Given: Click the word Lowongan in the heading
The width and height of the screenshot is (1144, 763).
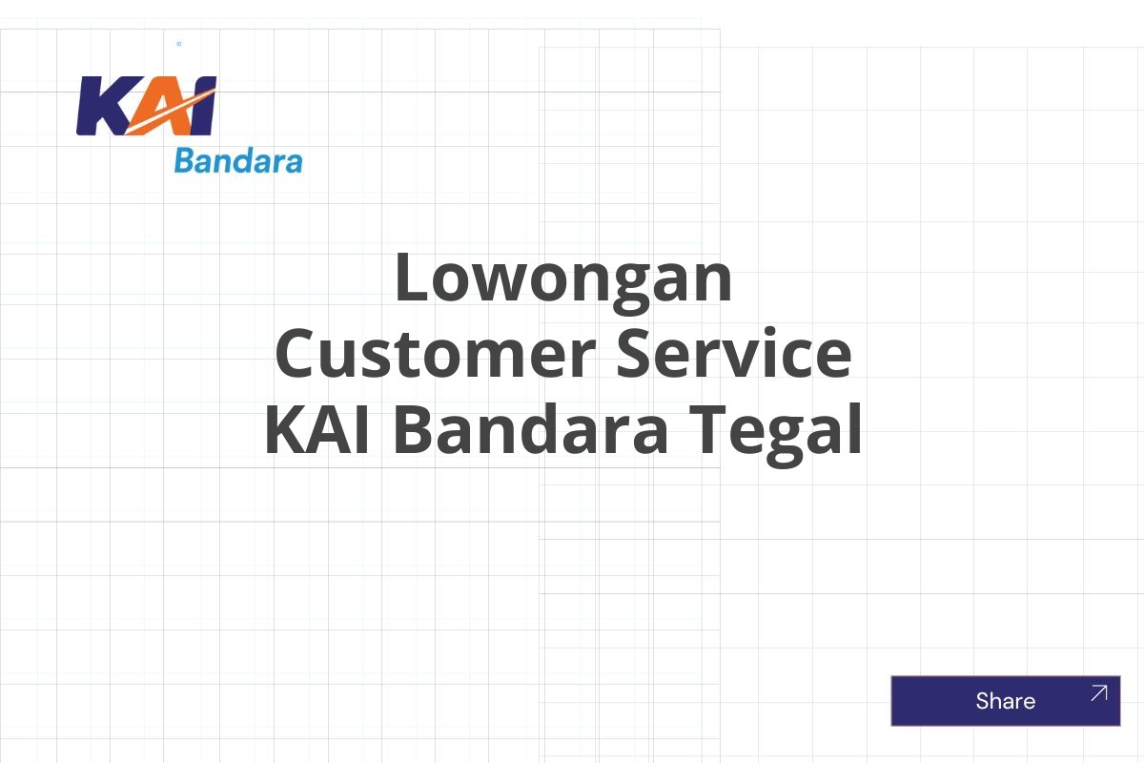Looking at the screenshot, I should pyautogui.click(x=563, y=278).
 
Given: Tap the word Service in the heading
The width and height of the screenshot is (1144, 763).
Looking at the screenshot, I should pyautogui.click(x=733, y=353).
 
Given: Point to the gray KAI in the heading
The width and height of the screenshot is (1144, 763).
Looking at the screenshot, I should pyautogui.click(x=320, y=429).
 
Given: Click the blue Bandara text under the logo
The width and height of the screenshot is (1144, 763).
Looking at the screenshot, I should pyautogui.click(x=238, y=161).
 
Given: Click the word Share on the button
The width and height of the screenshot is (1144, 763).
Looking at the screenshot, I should pyautogui.click(x=1005, y=701).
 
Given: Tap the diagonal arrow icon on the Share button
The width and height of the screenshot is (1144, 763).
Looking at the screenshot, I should pyautogui.click(x=1098, y=693).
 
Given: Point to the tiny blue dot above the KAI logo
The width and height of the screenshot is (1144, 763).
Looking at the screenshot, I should pyautogui.click(x=179, y=44).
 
